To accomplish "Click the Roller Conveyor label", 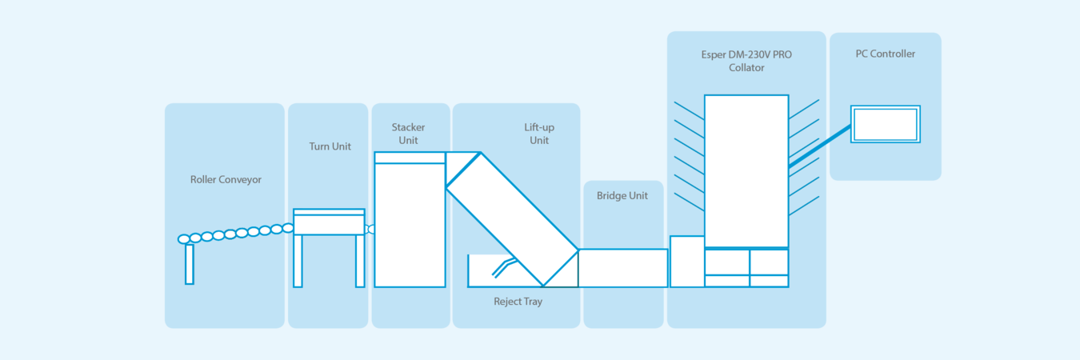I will pos(226,180).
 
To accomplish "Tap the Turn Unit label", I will pos(330,146).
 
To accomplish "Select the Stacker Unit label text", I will pos(408,134).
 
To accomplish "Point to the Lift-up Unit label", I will pos(538,134).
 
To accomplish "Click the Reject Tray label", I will pos(518,302).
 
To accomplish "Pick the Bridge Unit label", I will pos(622,196).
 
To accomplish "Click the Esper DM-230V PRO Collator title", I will pos(746,61).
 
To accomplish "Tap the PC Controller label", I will pos(885,54).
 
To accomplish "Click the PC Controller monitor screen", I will pos(885,125).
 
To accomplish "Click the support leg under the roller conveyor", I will pos(190,264).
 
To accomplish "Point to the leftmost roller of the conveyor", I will pos(184,239).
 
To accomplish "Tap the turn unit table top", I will pos(329,222).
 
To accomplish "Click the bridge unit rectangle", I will pos(622,268).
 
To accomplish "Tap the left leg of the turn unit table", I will pos(298,261).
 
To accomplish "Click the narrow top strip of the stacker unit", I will pos(410,158).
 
